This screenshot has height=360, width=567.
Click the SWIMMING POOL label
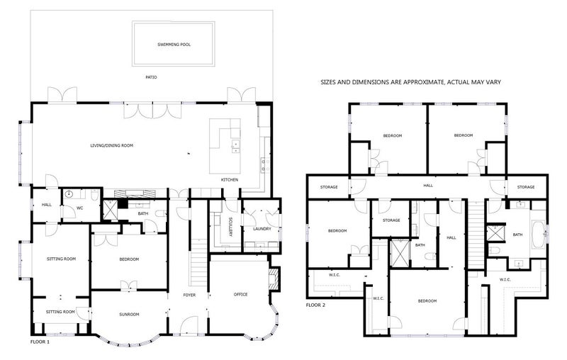pos(174,44)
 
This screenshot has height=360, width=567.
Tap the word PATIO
pos(150,77)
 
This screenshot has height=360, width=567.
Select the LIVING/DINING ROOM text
pos(111,145)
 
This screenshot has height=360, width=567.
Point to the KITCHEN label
pos(229,180)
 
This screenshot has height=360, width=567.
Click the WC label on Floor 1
pos(80,208)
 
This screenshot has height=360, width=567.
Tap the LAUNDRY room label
pos(252,228)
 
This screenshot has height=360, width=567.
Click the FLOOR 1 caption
pos(40,342)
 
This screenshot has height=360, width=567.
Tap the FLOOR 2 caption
pos(315,305)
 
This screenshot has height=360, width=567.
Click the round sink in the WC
pos(70,193)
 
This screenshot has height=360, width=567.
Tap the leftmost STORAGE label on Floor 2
pos(327,187)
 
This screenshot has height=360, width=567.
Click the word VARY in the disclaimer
pos(493,82)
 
